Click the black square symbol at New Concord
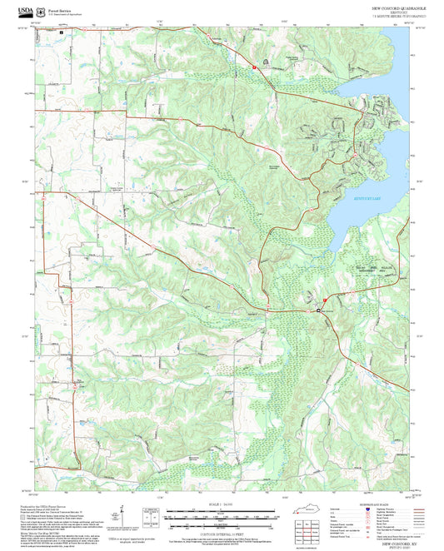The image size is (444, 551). click(318, 310)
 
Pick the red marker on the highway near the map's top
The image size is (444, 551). click(256, 65)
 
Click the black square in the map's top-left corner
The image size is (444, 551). click(60, 33)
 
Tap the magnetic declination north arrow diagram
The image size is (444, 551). click(123, 517)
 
